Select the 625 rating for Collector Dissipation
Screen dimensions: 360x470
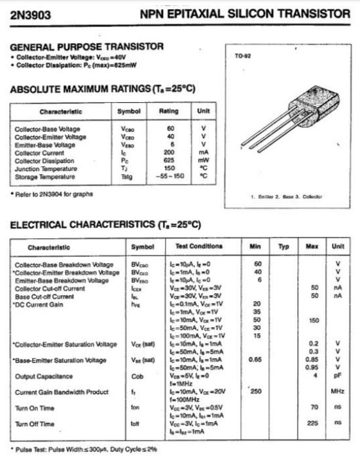pos(169,160)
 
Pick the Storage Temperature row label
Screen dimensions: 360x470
pos(45,176)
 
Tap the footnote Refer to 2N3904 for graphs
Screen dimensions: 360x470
pos(53,194)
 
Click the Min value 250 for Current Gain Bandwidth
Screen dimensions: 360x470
pos(257,391)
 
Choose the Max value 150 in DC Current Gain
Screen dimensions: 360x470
pos(314,320)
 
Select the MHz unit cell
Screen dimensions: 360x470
pos(338,391)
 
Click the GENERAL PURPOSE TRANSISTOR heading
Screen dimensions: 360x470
pos(87,46)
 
